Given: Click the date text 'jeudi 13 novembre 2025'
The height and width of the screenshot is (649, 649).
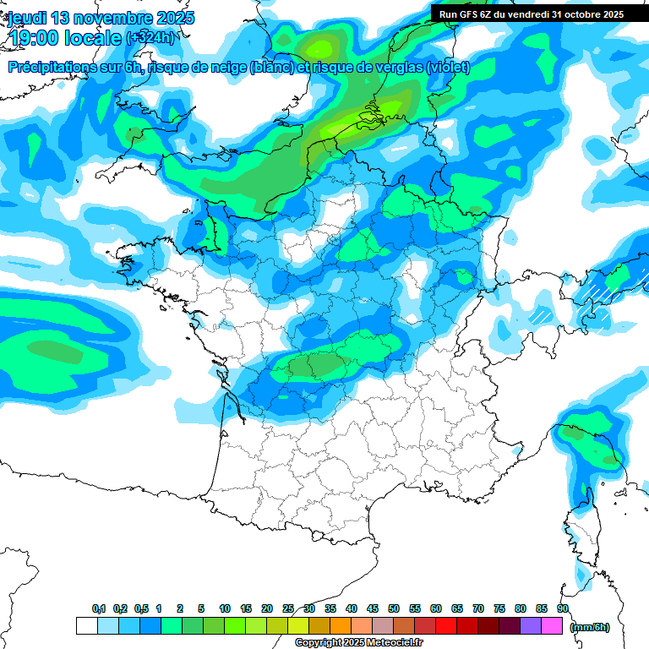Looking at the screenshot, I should (101, 18).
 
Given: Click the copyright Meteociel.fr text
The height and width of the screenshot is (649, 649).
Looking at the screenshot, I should (358, 643).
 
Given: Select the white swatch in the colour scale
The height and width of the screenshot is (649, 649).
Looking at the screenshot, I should (86, 626).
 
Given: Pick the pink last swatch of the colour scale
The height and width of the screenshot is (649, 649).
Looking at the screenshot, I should (552, 626).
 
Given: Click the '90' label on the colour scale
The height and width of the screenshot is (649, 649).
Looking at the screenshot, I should (562, 608).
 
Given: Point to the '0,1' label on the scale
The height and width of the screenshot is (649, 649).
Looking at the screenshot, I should (99, 608).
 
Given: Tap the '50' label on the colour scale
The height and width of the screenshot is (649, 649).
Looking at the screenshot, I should (394, 608).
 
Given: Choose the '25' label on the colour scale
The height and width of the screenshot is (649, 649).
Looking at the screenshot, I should (288, 608).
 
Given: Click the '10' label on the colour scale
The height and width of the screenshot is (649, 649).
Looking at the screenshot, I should (225, 608).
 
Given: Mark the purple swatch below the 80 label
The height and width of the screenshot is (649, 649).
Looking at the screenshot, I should (531, 626).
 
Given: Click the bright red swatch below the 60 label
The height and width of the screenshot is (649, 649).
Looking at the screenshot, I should (446, 626).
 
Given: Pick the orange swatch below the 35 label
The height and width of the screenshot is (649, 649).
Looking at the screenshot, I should (341, 626).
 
